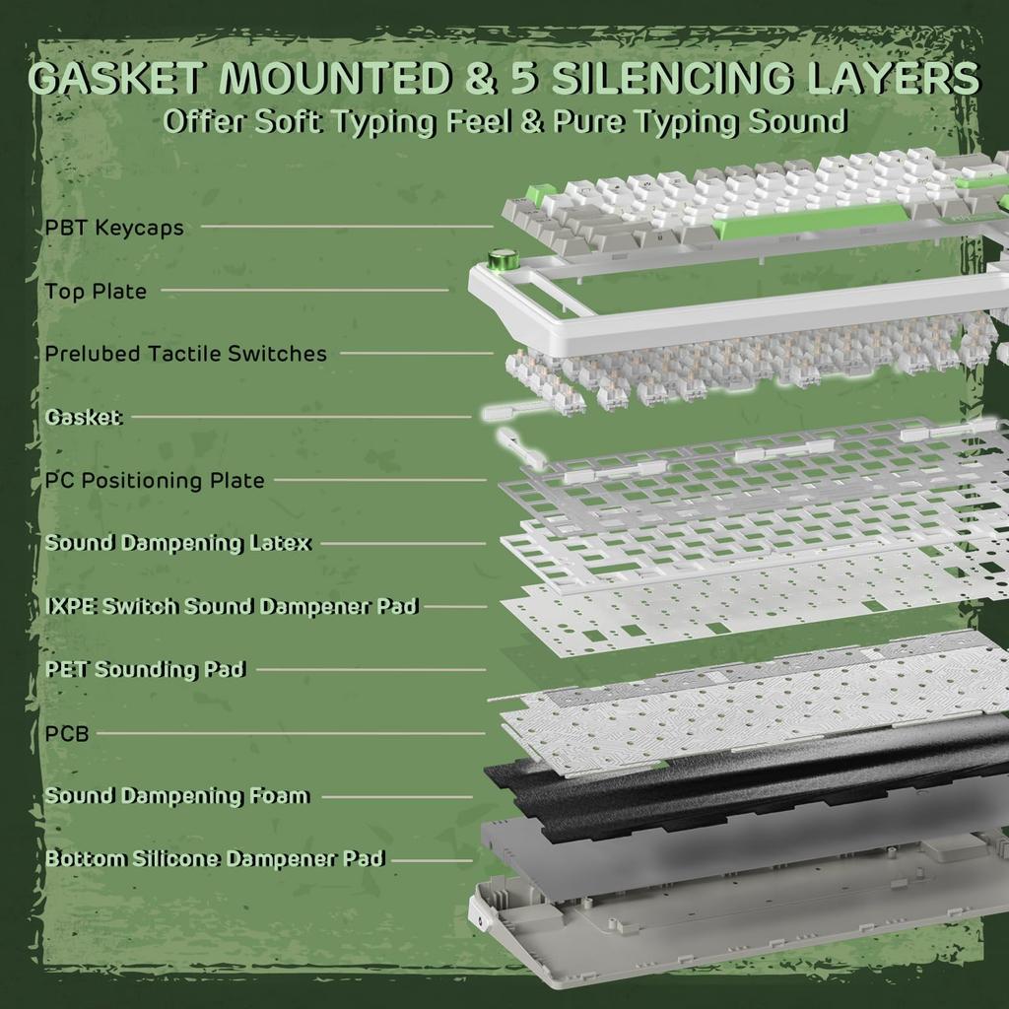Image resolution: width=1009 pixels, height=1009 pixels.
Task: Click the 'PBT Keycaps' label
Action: pyautogui.click(x=114, y=228)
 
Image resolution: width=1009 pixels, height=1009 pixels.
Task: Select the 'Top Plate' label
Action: pyautogui.click(x=96, y=292)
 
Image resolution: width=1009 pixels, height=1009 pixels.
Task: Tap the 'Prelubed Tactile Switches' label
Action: pyautogui.click(x=186, y=354)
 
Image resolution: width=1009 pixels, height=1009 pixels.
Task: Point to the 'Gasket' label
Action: pyautogui.click(x=84, y=417)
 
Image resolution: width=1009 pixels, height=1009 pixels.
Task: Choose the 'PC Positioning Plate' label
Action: pyautogui.click(x=155, y=481)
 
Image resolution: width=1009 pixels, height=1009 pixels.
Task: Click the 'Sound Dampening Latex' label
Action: pyautogui.click(x=178, y=543)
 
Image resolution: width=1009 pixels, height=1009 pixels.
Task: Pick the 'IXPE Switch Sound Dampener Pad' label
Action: pyautogui.click(x=233, y=606)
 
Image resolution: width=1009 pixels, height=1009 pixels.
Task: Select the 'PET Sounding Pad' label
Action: pyautogui.click(x=146, y=669)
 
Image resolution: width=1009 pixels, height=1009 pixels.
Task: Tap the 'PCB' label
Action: pyautogui.click(x=67, y=733)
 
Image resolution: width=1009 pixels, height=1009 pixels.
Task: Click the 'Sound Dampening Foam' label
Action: pyautogui.click(x=177, y=796)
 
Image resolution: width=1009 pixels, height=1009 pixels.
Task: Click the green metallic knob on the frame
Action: pyautogui.click(x=500, y=261)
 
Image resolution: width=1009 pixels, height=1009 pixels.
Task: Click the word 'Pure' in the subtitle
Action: pyautogui.click(x=588, y=121)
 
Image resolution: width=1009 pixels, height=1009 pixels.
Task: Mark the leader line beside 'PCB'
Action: pyautogui.click(x=291, y=733)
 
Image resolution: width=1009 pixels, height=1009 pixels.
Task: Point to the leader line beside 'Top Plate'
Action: pyautogui.click(x=304, y=291)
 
